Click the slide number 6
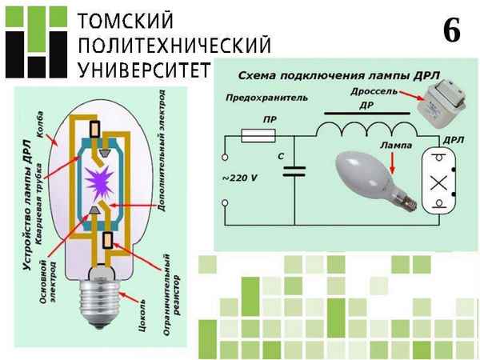point(450,31)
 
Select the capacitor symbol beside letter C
point(295,170)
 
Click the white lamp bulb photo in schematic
point(374,177)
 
